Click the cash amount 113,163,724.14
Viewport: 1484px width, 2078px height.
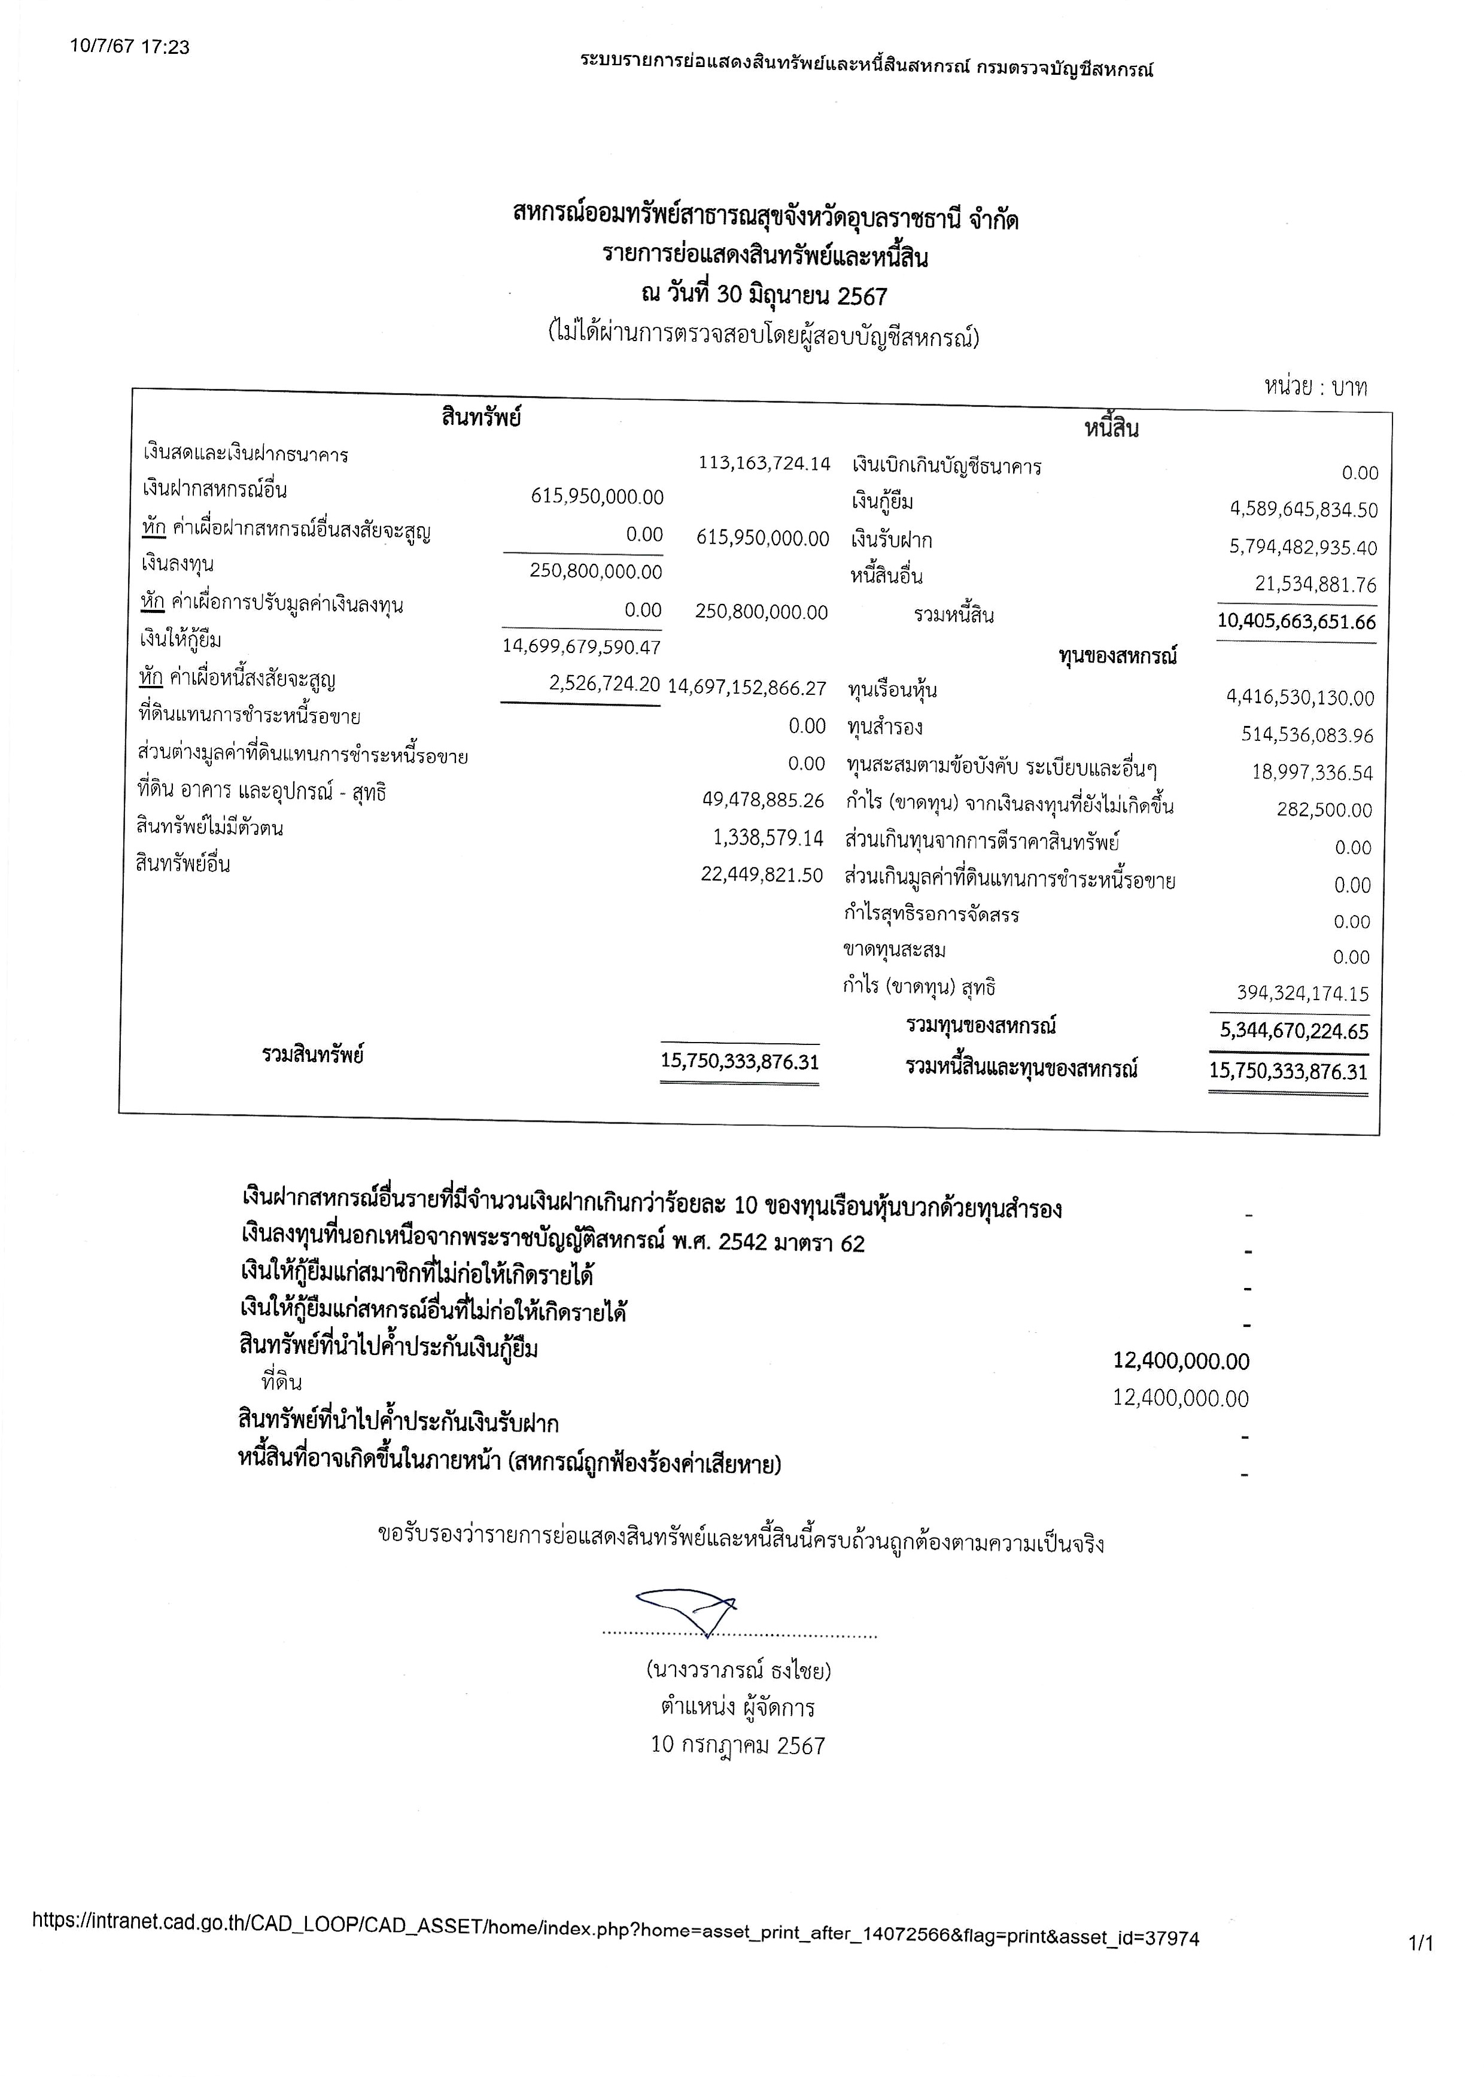pos(764,463)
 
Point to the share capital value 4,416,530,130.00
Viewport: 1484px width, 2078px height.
pos(1300,698)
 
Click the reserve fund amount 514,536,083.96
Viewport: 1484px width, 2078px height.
pos(1307,735)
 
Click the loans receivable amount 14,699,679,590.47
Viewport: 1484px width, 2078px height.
pos(581,647)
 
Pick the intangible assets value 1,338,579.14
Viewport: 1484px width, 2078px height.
pos(768,837)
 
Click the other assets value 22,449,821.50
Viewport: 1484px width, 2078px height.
pos(762,874)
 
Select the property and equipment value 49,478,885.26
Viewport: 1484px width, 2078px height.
pos(763,800)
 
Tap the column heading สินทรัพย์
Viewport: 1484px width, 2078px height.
pos(481,418)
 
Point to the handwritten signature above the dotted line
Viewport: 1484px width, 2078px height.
pos(687,1610)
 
